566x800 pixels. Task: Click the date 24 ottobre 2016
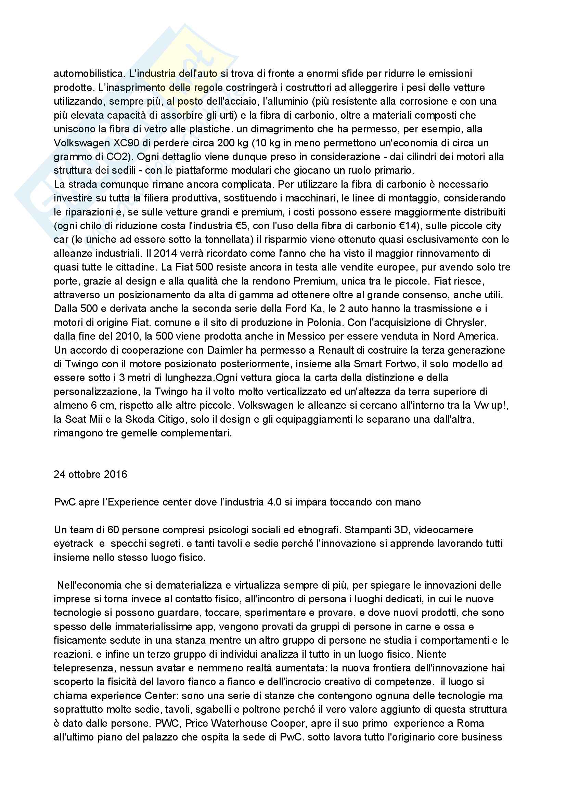pyautogui.click(x=90, y=474)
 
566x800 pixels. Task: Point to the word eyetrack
pyautogui.click(x=73, y=543)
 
